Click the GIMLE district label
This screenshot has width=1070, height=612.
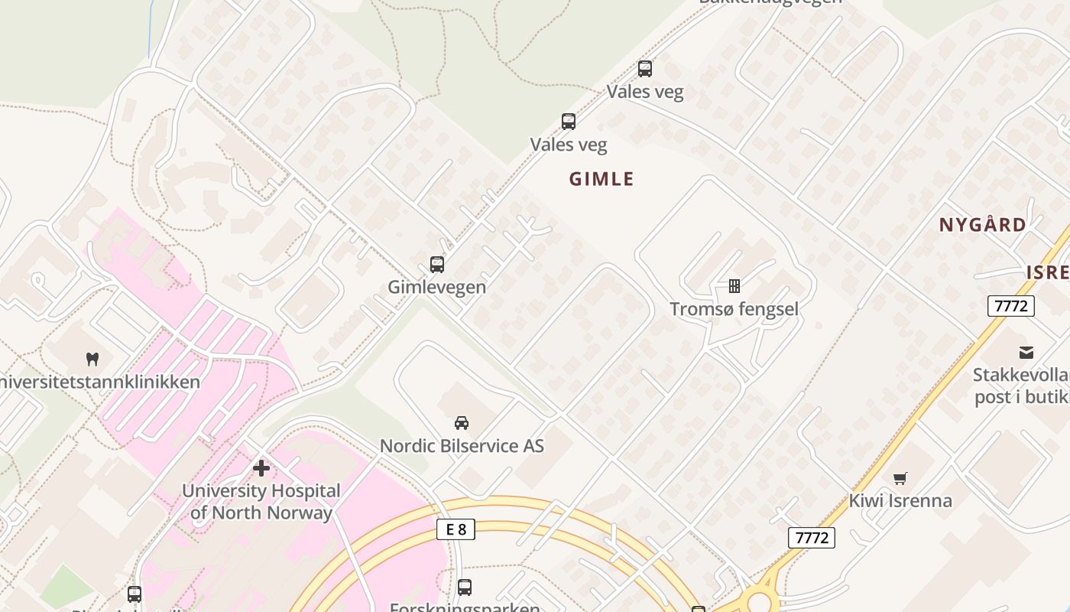pos(601,179)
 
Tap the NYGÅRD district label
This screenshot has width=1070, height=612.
pos(982,225)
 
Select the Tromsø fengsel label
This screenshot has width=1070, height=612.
pos(734,309)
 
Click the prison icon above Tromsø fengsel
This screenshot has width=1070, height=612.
pos(734,286)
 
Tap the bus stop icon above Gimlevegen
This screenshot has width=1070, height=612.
pos(437,265)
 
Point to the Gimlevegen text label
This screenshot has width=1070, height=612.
pos(437,287)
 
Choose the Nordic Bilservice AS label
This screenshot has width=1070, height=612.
pos(462,445)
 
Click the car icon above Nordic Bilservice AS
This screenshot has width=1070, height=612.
pos(462,422)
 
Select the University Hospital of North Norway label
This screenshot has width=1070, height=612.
pos(261,501)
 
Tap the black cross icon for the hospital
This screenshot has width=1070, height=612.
pos(261,467)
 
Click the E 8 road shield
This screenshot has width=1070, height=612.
pos(456,529)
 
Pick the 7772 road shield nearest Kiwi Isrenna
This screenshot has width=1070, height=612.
pos(811,538)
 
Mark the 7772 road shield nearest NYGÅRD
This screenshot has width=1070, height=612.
pos(1010,306)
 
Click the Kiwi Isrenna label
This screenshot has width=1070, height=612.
pos(900,501)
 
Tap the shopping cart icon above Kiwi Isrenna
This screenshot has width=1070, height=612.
pos(900,478)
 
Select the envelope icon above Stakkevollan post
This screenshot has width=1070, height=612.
pos(1026,353)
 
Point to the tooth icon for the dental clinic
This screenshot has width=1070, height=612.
pos(93,358)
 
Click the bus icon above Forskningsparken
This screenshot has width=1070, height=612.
pos(465,588)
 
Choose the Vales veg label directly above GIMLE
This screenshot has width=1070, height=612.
pos(569,144)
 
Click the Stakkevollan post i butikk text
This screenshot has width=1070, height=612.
pos(1021,386)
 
